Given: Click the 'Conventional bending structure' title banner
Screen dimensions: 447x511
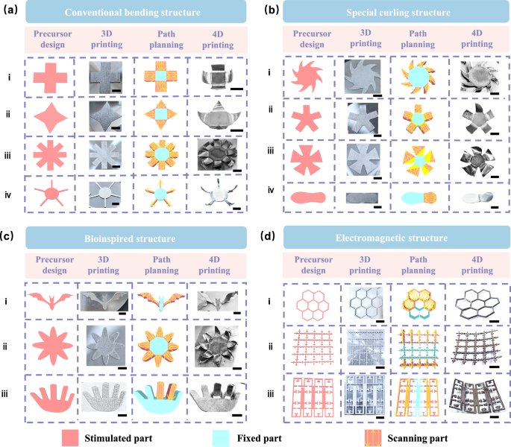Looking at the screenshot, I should pos(139,13).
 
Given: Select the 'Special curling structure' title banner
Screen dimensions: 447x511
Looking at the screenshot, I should pos(394,13).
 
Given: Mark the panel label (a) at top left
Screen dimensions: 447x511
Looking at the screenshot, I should pos(10,10).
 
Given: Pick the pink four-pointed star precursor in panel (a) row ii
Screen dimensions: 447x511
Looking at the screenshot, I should pos(54,118).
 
